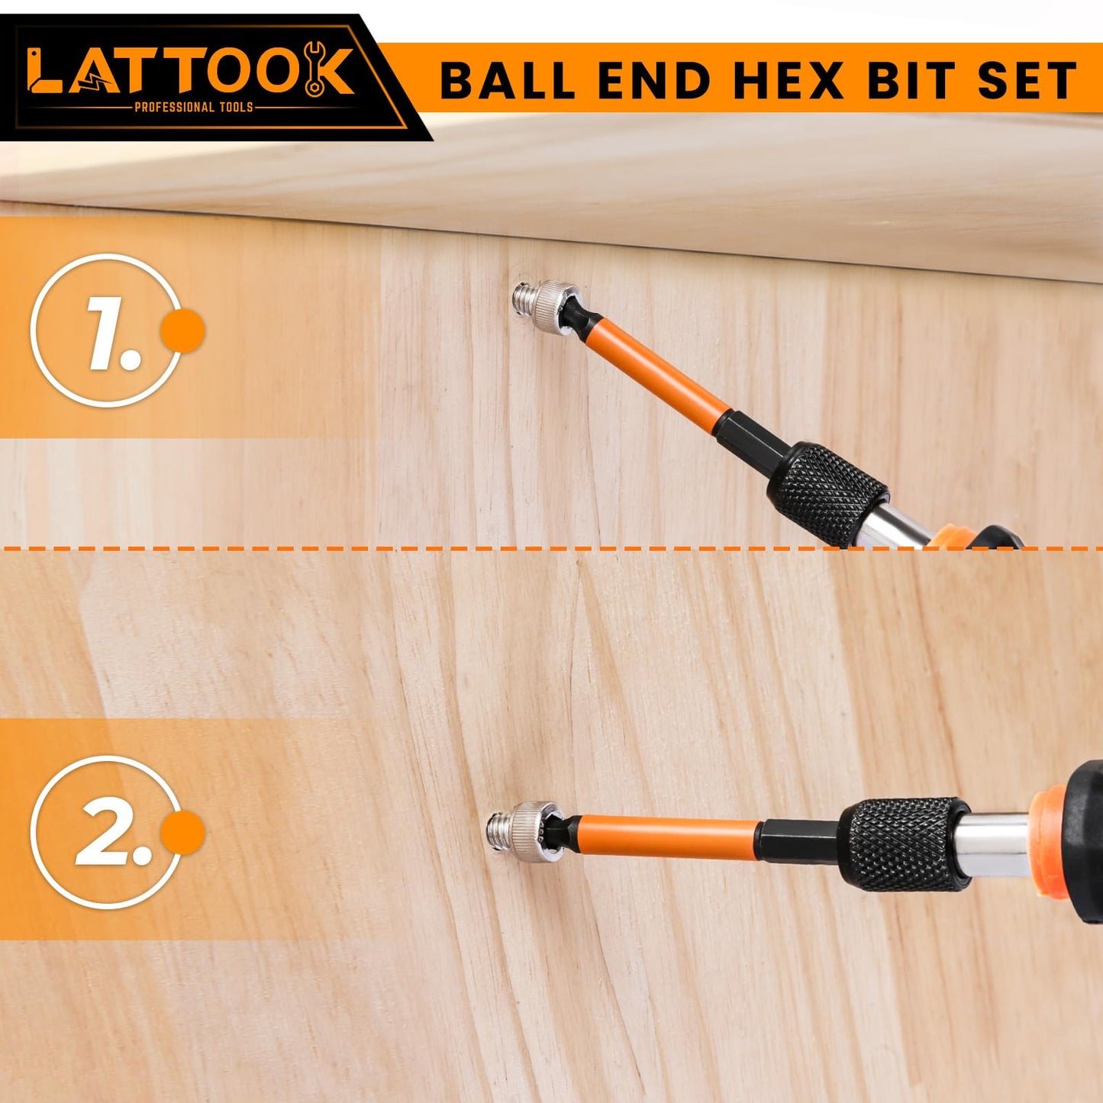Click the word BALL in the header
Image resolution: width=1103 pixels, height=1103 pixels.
pos(507,80)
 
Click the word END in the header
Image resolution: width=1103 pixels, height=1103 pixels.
pos(654,80)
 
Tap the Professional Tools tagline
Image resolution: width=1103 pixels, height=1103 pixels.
pos(193,107)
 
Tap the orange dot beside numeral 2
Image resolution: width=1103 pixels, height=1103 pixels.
pos(182,832)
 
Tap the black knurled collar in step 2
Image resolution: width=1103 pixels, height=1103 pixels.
pos(903,844)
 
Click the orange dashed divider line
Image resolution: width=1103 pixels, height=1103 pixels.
pos(458,548)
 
